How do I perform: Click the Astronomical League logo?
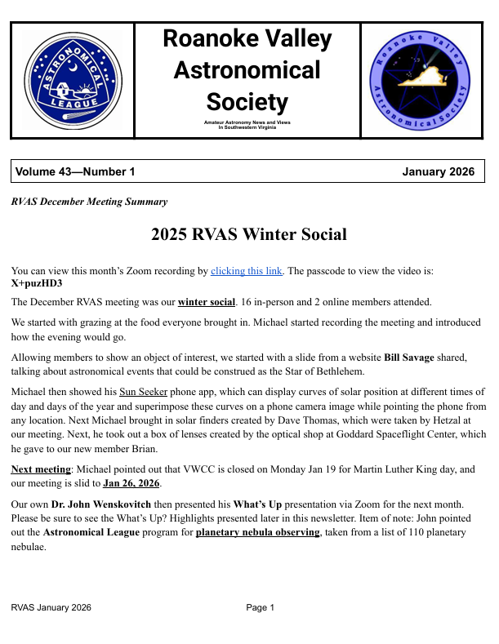point(72,80)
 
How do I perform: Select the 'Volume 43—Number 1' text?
point(74,171)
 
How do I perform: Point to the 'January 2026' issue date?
point(438,171)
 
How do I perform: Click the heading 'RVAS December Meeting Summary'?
point(89,202)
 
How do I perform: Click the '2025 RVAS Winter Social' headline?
point(248,235)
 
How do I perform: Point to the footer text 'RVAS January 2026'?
point(51,607)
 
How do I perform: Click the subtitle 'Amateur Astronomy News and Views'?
point(247,122)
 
